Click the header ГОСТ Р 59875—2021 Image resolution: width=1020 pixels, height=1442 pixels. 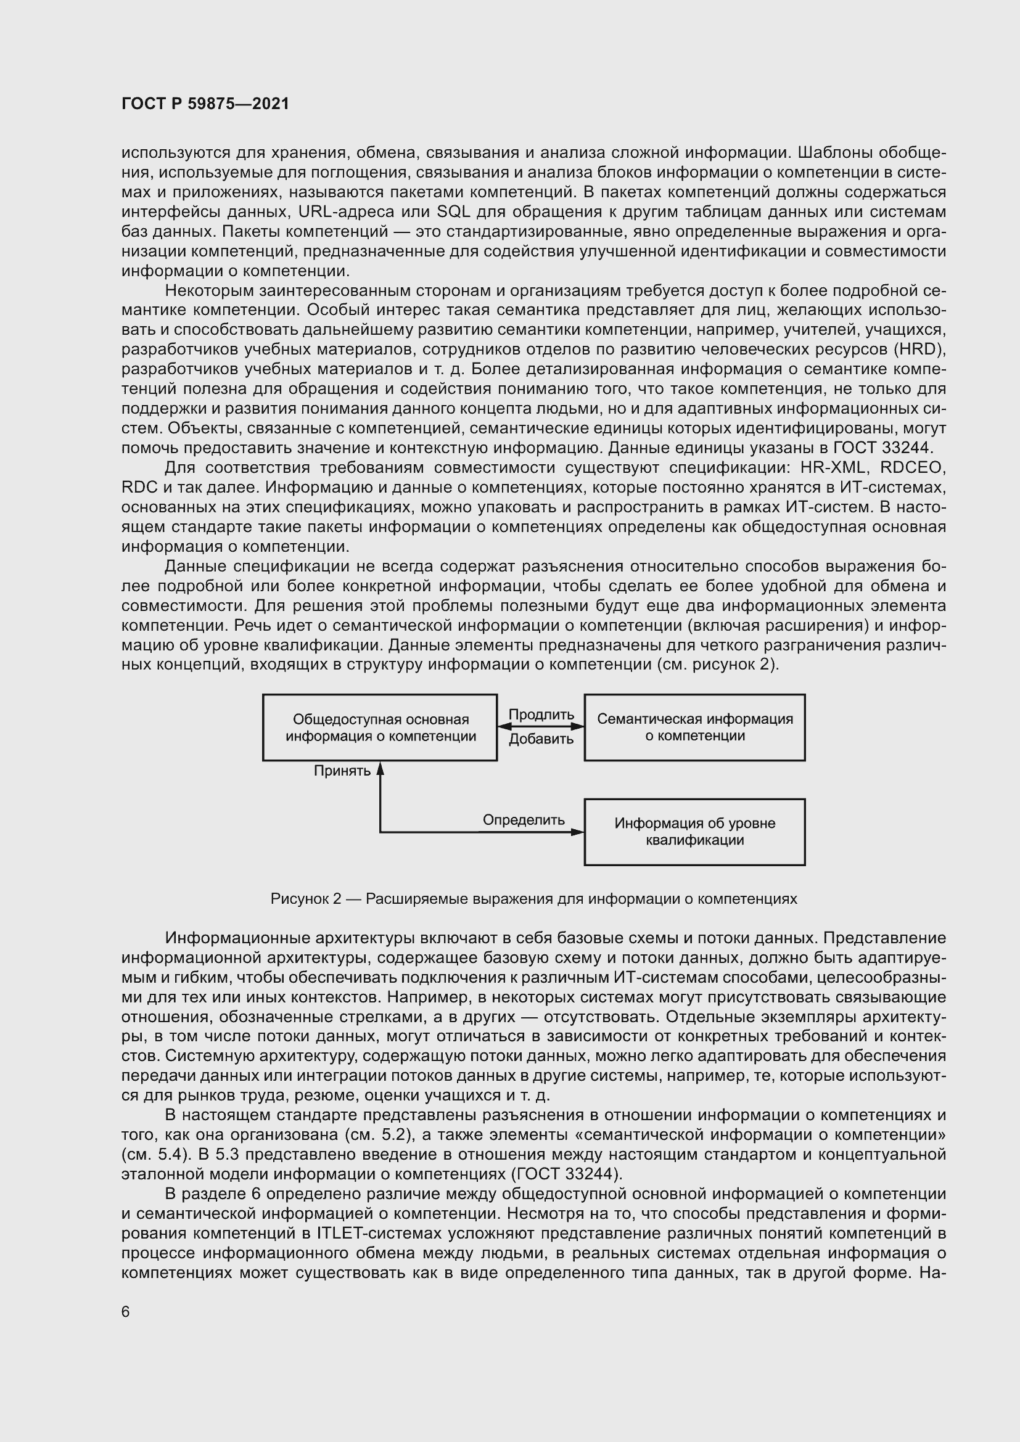pyautogui.click(x=205, y=104)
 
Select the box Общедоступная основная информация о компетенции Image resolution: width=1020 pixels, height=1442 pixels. pyautogui.click(x=380, y=727)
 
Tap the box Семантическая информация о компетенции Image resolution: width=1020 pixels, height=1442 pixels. pyautogui.click(x=694, y=727)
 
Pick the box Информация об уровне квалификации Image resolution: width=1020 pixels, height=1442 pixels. pyautogui.click(x=694, y=832)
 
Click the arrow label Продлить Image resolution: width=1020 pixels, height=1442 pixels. pyautogui.click(x=541, y=715)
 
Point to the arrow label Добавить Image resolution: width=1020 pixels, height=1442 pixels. pyautogui.click(x=541, y=739)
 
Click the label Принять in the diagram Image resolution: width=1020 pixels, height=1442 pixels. pyautogui.click(x=342, y=771)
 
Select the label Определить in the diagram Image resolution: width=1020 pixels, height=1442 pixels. pyautogui.click(x=523, y=819)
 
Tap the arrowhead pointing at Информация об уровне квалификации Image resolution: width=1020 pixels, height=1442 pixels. pyautogui.click(x=578, y=833)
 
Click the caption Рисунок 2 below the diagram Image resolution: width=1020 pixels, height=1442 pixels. pyautogui.click(x=305, y=899)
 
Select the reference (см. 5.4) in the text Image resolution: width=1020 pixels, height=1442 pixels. pyautogui.click(x=150, y=1154)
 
